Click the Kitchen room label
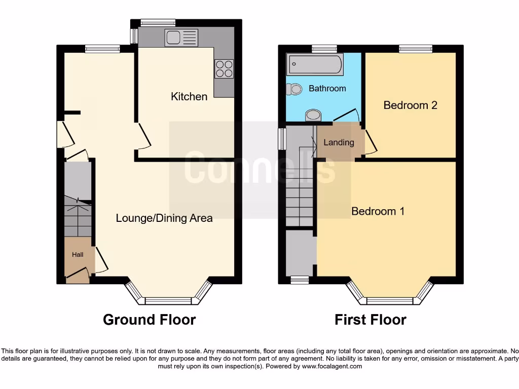(x=189, y=96)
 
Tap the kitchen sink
(x=181, y=37)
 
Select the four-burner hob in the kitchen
(x=225, y=68)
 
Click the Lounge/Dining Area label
(x=164, y=218)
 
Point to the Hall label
(x=78, y=255)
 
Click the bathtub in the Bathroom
(x=315, y=65)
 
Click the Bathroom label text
(x=327, y=89)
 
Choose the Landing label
(x=339, y=142)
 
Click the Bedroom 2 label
(x=410, y=105)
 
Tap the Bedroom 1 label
(x=378, y=211)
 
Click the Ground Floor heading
(x=149, y=320)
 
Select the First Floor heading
(x=370, y=320)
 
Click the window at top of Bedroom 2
(x=416, y=49)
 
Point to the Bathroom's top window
(x=324, y=49)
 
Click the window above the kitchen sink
(x=158, y=22)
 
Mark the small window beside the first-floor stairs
(x=282, y=138)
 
